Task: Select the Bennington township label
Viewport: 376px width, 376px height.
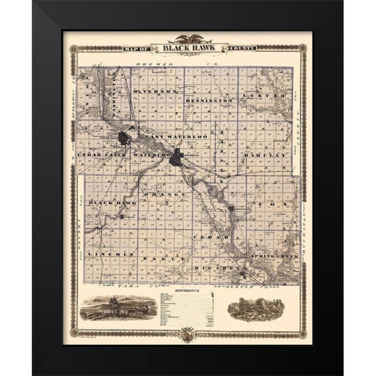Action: click(x=211, y=102)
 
